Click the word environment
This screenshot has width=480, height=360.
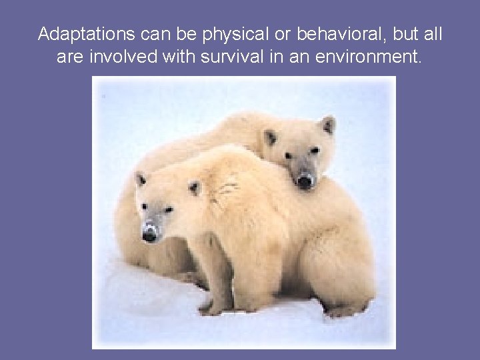pyautogui.click(x=369, y=57)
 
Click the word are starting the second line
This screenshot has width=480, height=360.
pyautogui.click(x=70, y=57)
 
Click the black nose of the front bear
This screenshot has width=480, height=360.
pyautogui.click(x=150, y=234)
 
